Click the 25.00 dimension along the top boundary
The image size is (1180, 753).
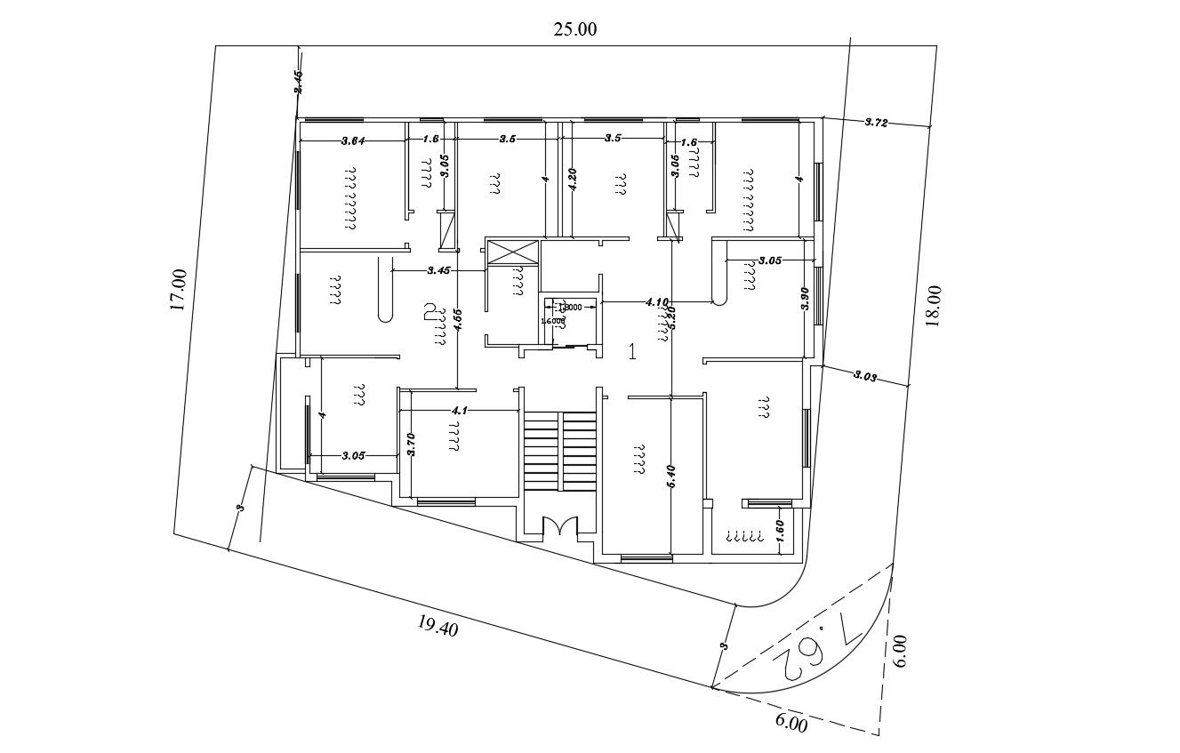(575, 28)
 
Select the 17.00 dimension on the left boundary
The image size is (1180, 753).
(178, 290)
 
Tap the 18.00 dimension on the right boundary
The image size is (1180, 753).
(932, 307)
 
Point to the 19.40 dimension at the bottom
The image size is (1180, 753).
(437, 628)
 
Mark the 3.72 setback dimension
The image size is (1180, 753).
(877, 122)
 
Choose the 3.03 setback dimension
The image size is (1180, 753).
(865, 376)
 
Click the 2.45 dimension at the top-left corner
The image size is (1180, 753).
(299, 82)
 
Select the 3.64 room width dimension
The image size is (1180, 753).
(353, 140)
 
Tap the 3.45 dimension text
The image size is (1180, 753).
(439, 269)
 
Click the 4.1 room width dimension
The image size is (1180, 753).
(460, 411)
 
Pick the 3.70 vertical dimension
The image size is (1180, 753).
(411, 444)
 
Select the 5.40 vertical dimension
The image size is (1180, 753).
(672, 477)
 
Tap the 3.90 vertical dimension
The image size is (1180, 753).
(805, 299)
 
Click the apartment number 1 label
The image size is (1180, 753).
(632, 351)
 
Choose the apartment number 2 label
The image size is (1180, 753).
(430, 311)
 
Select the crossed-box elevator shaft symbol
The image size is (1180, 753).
(512, 252)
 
